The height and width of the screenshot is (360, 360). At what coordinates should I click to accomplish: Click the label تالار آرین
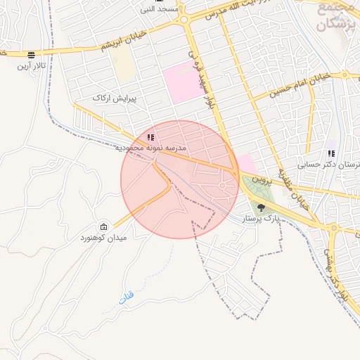coord(32,66)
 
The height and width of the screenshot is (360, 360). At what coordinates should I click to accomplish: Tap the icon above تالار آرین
coord(32,55)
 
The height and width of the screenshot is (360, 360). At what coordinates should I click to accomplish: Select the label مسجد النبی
coord(157,9)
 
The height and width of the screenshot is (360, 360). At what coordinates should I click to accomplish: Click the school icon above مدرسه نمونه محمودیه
coord(150,137)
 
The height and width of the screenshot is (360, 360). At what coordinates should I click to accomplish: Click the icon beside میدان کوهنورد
coord(104,226)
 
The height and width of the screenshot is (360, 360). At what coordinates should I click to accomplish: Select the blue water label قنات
coord(126,298)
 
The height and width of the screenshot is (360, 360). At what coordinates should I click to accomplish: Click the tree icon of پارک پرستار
coord(262,207)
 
